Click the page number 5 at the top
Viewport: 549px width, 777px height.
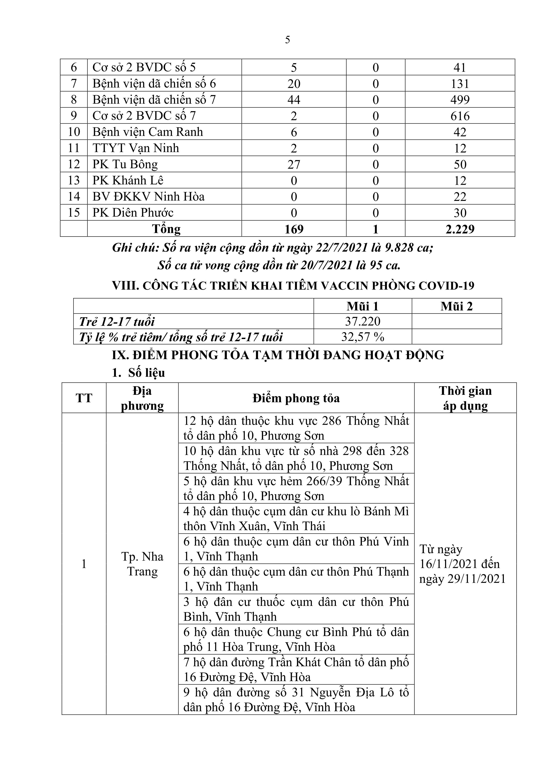tap(287, 40)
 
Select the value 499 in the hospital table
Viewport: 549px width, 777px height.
tap(460, 100)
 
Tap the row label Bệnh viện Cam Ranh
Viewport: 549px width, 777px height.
tap(148, 132)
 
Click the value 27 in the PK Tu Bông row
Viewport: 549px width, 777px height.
tap(294, 165)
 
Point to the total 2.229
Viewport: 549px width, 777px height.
tap(460, 229)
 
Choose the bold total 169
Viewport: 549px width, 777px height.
tap(294, 229)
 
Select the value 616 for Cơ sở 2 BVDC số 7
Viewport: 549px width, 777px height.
tap(460, 116)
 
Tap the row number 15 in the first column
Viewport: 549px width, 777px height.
tap(74, 213)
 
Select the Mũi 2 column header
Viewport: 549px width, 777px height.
tap(456, 306)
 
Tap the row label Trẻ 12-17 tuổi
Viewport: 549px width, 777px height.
tap(117, 322)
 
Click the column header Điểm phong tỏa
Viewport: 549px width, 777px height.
tap(296, 398)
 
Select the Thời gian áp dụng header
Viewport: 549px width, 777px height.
tap(465, 398)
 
